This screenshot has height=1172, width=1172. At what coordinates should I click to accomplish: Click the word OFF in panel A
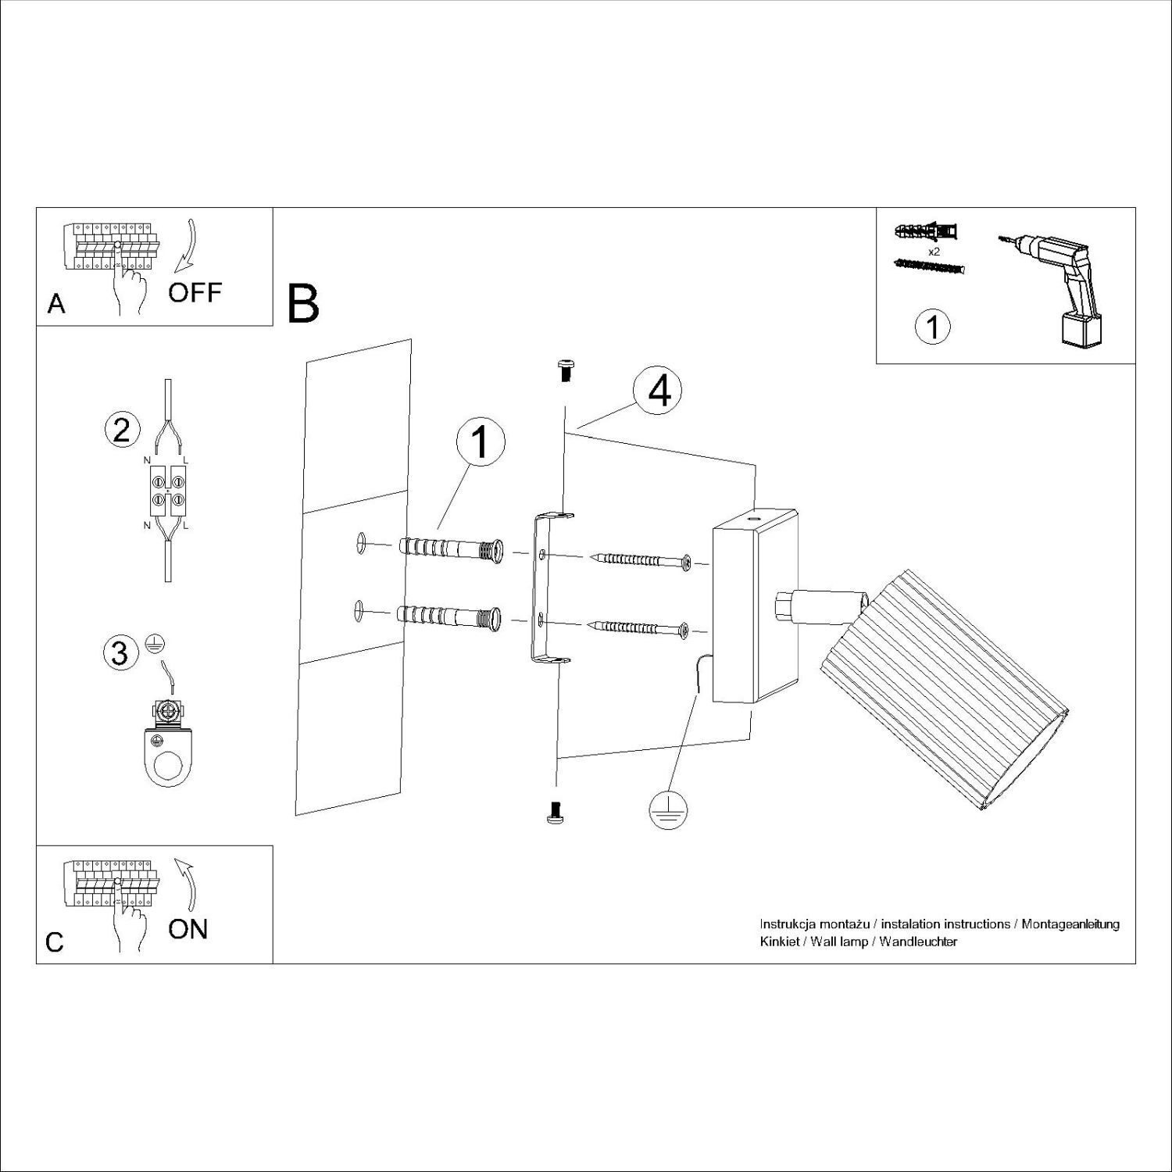pos(195,293)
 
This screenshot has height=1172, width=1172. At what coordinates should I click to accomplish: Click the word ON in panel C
pos(188,929)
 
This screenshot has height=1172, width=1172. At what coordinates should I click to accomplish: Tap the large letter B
pos(304,305)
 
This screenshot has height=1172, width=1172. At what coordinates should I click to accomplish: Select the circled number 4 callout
pos(659,391)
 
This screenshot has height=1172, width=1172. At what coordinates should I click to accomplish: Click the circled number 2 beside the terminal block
pos(121,431)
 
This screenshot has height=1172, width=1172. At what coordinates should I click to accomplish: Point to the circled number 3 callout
pos(120,652)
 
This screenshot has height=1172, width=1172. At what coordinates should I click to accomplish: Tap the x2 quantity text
pos(933,252)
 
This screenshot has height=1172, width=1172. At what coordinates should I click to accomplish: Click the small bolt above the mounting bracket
pos(566,370)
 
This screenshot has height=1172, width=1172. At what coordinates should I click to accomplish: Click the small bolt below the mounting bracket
pos(556,813)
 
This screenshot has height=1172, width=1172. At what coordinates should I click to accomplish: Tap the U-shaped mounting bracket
pos(542,590)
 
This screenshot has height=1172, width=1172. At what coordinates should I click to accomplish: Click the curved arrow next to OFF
pos(188,245)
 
